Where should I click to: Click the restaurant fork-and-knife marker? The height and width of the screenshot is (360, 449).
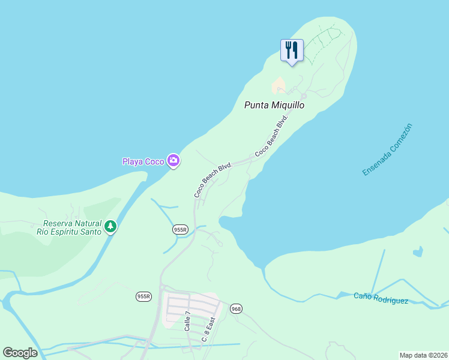(x=292, y=50)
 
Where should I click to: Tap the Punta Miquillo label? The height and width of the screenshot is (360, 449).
(x=274, y=105)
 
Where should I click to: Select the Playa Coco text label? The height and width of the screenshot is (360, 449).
(x=143, y=161)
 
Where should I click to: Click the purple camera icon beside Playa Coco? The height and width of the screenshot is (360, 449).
(x=173, y=160)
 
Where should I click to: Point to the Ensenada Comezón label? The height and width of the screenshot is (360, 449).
(x=388, y=149)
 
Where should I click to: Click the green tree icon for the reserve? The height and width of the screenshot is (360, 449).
(x=110, y=226)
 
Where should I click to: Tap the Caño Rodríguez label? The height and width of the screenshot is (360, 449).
(x=381, y=298)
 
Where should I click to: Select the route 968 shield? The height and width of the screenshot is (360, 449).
(x=235, y=308)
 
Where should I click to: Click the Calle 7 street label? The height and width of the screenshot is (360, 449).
(x=187, y=322)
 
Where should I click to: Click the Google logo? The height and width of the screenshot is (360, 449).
(x=20, y=353)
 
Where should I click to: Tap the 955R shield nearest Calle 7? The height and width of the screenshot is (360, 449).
(x=143, y=296)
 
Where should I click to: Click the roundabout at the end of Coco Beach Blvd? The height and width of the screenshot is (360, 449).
(x=304, y=96)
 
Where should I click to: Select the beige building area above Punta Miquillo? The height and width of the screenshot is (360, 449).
(x=279, y=86)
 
